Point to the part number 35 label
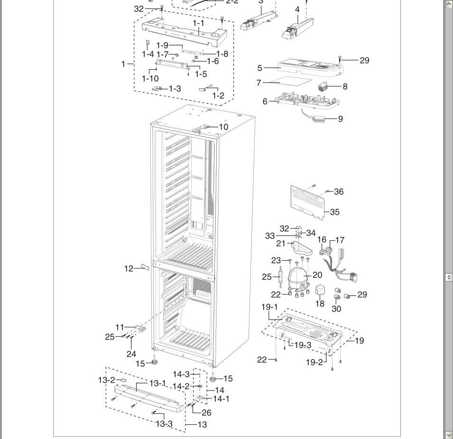click(334, 212)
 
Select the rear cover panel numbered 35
click(308, 201)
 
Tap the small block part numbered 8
click(324, 87)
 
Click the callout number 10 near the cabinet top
click(223, 127)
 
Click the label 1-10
click(150, 78)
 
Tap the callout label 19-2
click(314, 363)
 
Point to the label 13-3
click(164, 424)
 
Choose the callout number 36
click(339, 192)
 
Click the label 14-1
click(221, 399)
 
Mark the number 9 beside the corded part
click(340, 119)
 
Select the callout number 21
click(281, 244)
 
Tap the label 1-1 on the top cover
click(198, 23)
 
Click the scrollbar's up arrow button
click(449, 4)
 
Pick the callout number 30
click(336, 309)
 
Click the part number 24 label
click(131, 354)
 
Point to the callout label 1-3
click(175, 89)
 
